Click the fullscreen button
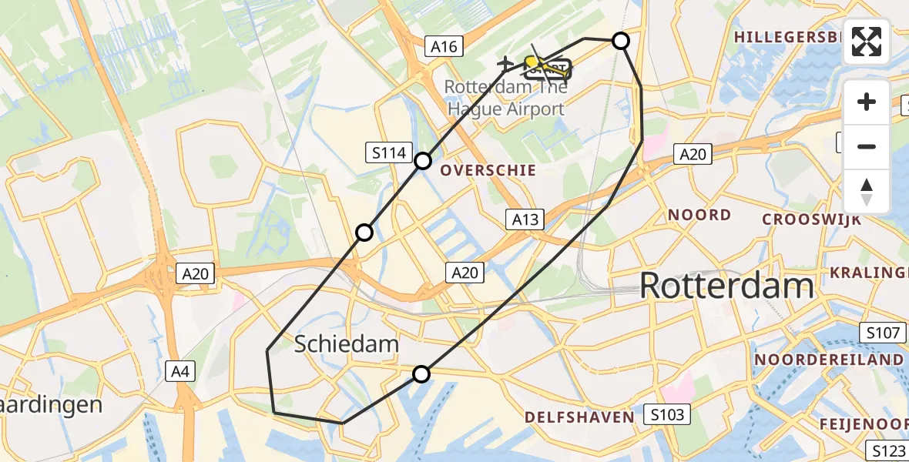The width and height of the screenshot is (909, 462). pyautogui.click(x=867, y=41)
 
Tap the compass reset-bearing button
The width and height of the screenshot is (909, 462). pyautogui.click(x=867, y=192)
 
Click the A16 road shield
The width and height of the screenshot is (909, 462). pyautogui.click(x=444, y=47)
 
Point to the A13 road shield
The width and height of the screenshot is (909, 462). pyautogui.click(x=525, y=220)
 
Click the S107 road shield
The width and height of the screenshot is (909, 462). pyautogui.click(x=880, y=333)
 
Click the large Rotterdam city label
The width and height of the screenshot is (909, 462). pyautogui.click(x=726, y=286)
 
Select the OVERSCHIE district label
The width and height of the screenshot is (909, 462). pyautogui.click(x=488, y=171)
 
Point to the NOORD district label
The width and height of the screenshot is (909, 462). pyautogui.click(x=699, y=215)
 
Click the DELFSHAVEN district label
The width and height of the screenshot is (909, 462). pyautogui.click(x=579, y=417)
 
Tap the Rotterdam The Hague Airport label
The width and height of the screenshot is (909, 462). pyautogui.click(x=506, y=98)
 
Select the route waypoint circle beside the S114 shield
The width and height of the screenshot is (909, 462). pyautogui.click(x=423, y=161)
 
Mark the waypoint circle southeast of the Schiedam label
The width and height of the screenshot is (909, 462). pyautogui.click(x=421, y=374)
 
